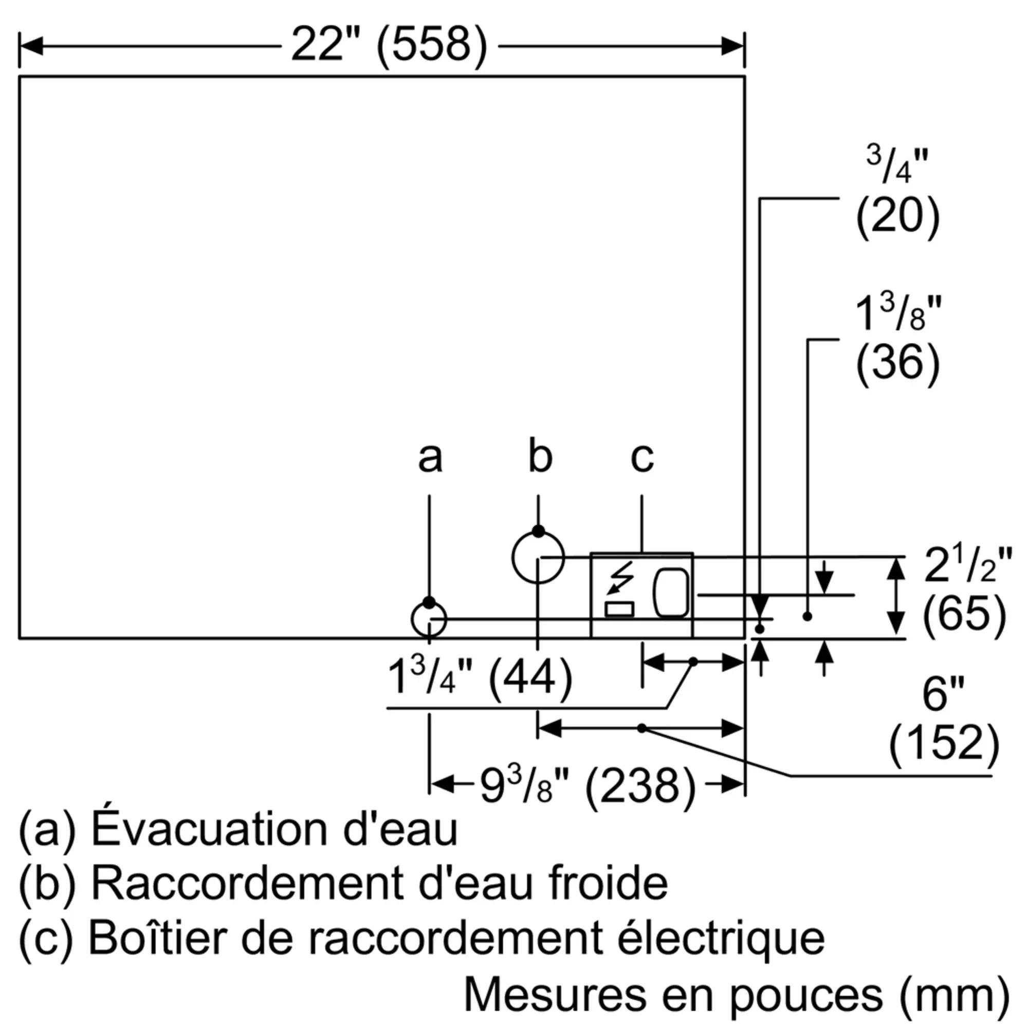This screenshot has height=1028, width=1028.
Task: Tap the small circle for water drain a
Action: pyautogui.click(x=429, y=620)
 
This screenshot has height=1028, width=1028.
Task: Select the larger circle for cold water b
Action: pyautogui.click(x=538, y=558)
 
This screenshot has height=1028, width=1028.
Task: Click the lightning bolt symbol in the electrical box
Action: pyautogui.click(x=620, y=577)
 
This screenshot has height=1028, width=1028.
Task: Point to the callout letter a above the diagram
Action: pyautogui.click(x=429, y=457)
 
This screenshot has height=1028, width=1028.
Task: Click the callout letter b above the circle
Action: pyautogui.click(x=540, y=456)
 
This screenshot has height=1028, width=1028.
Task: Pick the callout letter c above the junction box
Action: pyautogui.click(x=641, y=457)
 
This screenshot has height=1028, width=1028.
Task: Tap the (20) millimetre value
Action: pyautogui.click(x=897, y=215)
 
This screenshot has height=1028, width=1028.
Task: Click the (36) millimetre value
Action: pyautogui.click(x=897, y=362)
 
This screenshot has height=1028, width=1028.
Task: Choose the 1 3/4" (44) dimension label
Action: pyautogui.click(x=480, y=677)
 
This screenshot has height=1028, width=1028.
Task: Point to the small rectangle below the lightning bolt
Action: pyautogui.click(x=619, y=609)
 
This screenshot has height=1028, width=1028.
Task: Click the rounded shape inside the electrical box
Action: pyautogui.click(x=670, y=592)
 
